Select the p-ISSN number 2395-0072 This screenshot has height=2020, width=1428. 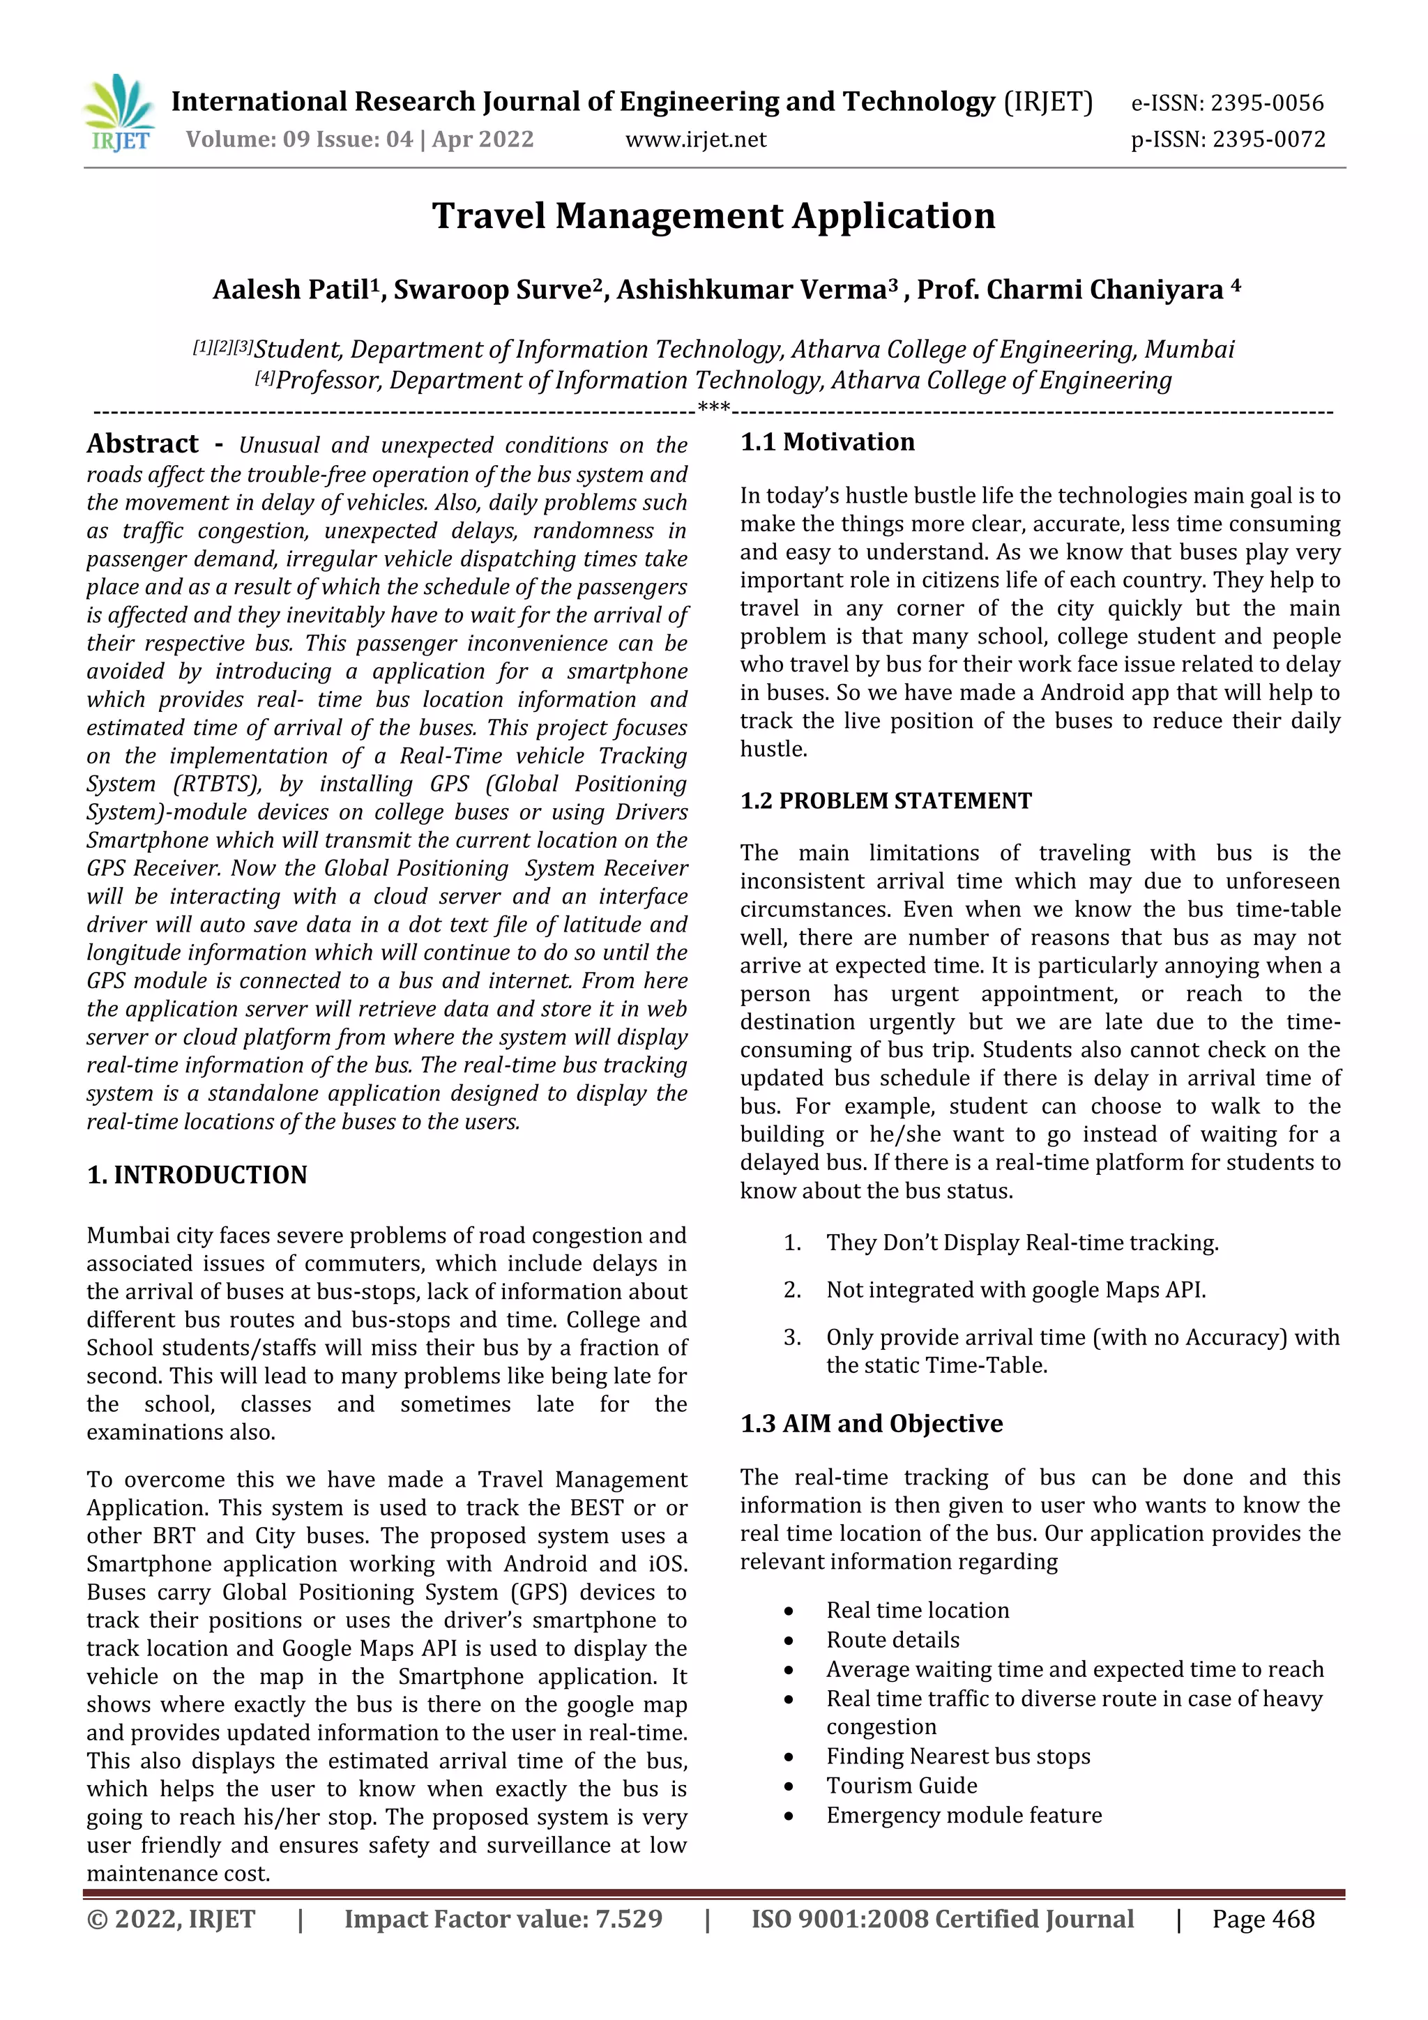coord(1268,139)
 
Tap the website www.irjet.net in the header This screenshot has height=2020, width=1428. coord(695,139)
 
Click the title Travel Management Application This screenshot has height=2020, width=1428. coord(713,215)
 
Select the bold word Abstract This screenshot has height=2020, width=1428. coord(142,443)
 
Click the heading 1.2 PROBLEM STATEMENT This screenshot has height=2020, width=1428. coord(885,800)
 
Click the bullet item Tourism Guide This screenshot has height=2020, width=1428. coord(901,1785)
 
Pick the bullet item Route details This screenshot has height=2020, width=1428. coord(892,1640)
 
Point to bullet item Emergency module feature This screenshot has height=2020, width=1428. coord(964,1815)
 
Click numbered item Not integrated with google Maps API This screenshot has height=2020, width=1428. coord(1015,1290)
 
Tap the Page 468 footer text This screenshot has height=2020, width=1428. coord(1263,1919)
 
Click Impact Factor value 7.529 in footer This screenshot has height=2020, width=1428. coord(503,1919)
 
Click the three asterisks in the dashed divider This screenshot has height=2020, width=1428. coord(713,408)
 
